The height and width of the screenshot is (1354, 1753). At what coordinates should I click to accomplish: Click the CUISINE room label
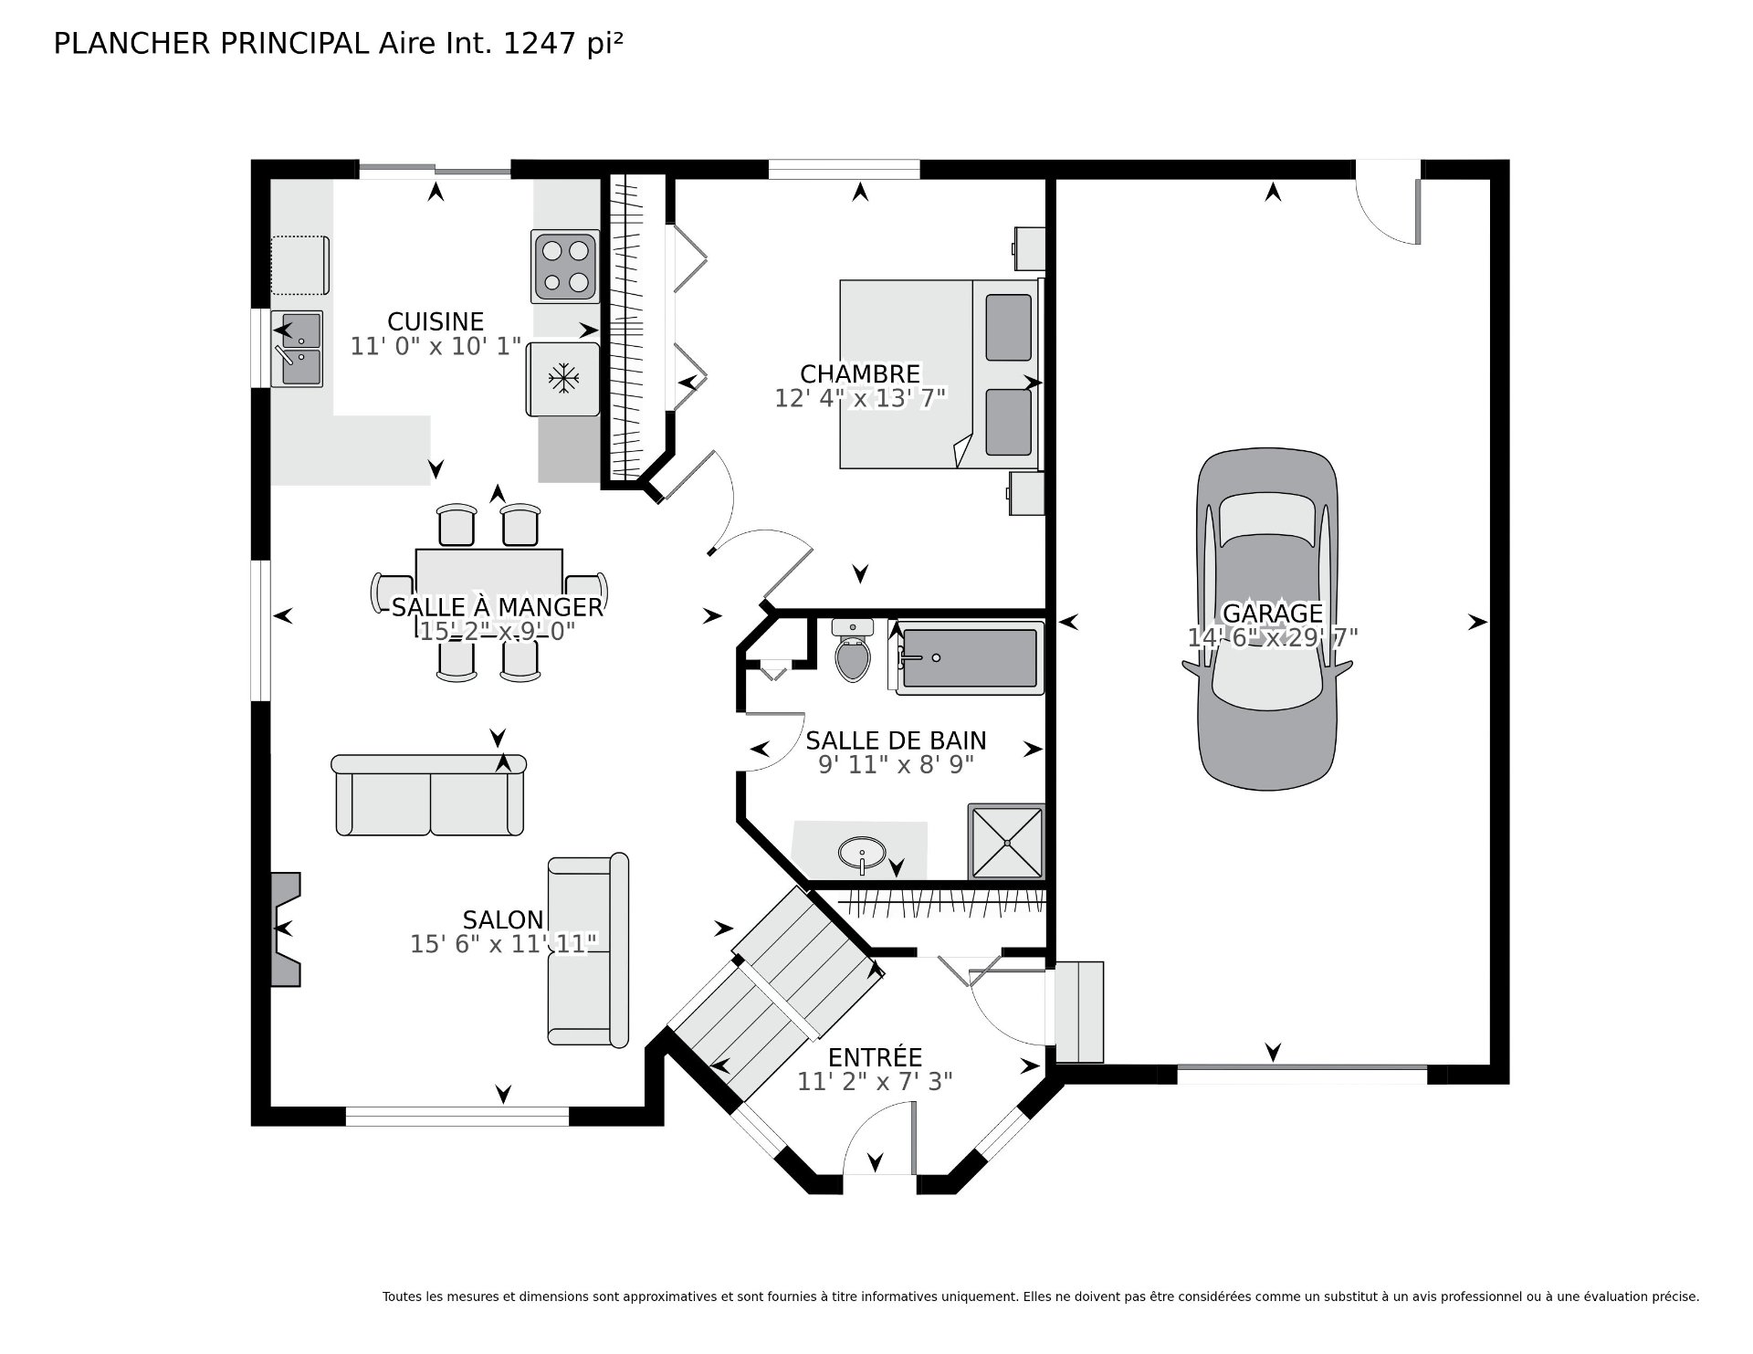tap(436, 321)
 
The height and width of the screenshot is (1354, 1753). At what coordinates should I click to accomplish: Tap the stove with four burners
tap(564, 266)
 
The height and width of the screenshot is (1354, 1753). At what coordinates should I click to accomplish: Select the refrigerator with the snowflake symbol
tap(563, 378)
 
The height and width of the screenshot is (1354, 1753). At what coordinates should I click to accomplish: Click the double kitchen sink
tap(298, 349)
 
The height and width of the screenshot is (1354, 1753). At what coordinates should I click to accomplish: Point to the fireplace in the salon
tap(286, 929)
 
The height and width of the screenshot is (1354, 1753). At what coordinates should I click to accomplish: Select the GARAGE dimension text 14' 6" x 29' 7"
tap(1273, 637)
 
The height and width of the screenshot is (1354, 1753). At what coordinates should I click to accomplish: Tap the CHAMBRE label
tap(860, 374)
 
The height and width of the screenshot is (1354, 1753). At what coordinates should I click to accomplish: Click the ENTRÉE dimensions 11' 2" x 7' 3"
tap(875, 1081)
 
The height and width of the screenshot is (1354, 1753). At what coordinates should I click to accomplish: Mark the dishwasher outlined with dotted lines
tap(300, 265)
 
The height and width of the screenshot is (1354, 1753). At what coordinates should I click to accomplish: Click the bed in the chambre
tap(941, 374)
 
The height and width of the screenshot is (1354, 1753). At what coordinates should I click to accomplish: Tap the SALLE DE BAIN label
tap(896, 740)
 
